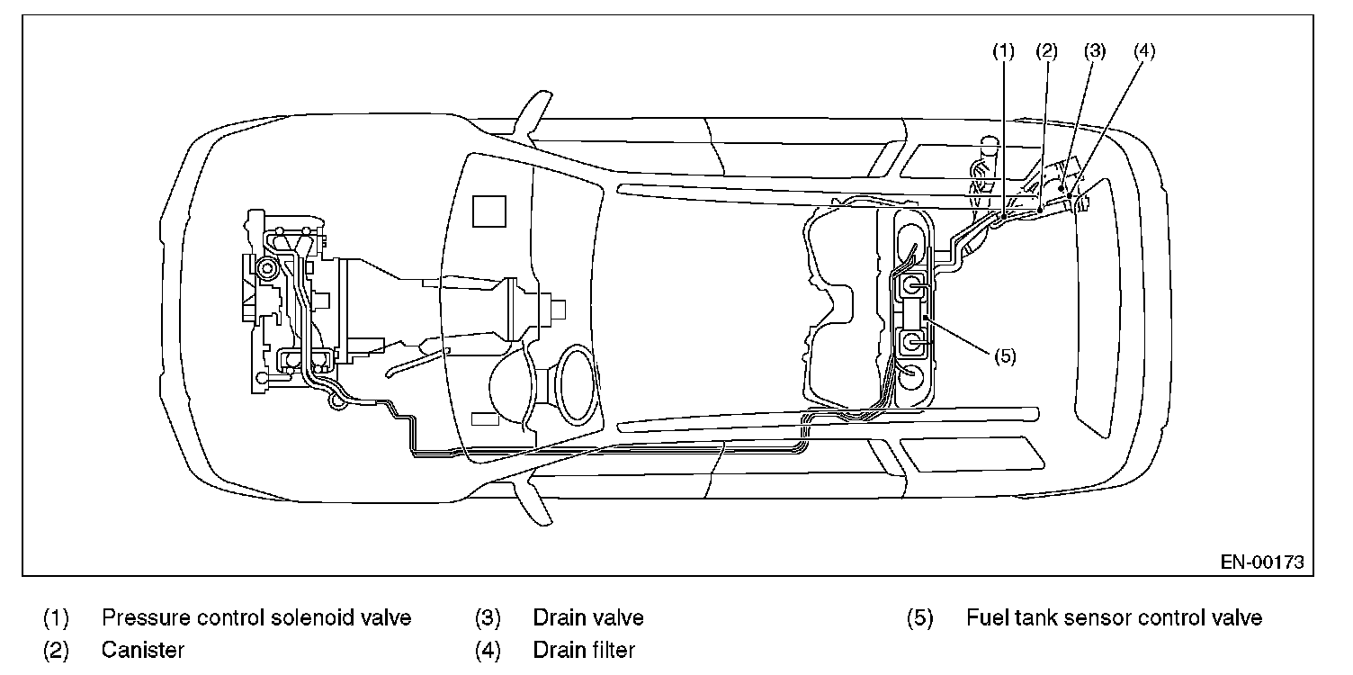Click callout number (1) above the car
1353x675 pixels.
pos(1003,51)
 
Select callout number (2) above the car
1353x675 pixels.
pos(1045,51)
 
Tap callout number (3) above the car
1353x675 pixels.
pos(1094,51)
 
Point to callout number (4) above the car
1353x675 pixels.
pos(1143,51)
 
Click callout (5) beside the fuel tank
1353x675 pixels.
pos(1005,355)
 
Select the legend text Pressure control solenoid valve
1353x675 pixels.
pos(256,618)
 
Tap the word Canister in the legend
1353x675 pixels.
pos(143,649)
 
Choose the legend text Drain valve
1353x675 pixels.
pos(588,618)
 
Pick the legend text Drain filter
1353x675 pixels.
pos(584,649)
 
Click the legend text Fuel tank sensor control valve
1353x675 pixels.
pos(1114,618)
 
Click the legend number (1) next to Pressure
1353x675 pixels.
pos(56,618)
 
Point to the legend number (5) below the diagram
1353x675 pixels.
pos(919,618)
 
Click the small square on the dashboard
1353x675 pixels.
pos(490,212)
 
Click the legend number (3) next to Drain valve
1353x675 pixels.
pos(488,618)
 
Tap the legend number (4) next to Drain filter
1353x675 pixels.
pos(488,649)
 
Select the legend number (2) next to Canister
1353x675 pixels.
pos(56,649)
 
